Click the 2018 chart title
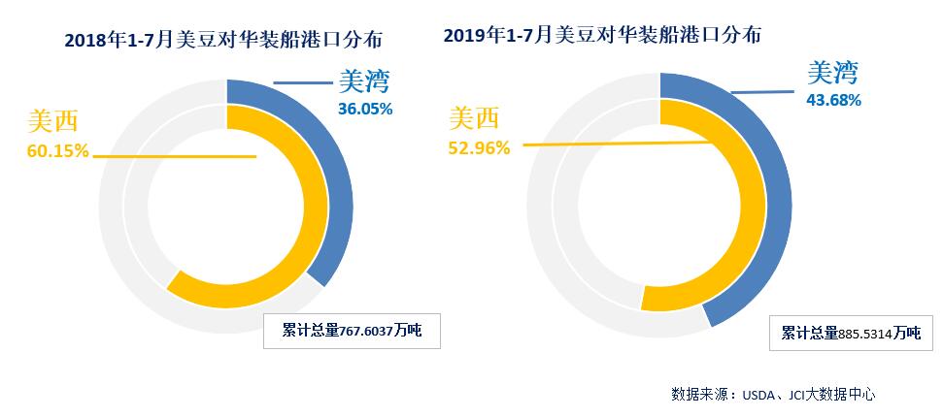click(x=223, y=40)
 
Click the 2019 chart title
click(x=602, y=35)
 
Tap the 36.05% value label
click(x=365, y=109)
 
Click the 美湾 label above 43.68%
click(x=834, y=73)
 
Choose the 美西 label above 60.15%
click(x=52, y=121)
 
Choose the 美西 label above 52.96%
click(x=474, y=118)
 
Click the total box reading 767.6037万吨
click(x=351, y=332)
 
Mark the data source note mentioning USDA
click(x=773, y=395)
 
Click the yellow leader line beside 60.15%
click(x=175, y=155)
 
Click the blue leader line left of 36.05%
click(x=302, y=83)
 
